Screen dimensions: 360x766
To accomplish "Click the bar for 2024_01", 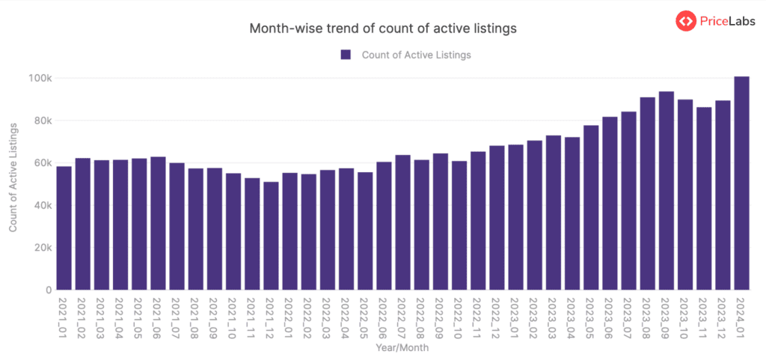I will tap(741, 183).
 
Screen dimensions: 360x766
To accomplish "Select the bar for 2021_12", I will tap(271, 236).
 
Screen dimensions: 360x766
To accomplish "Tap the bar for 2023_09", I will tap(666, 191).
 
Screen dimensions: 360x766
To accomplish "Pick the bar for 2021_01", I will tap(64, 228).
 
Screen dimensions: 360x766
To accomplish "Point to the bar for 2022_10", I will tap(459, 225).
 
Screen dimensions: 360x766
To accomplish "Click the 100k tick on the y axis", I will tap(40, 79).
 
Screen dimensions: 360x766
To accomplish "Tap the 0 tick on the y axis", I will tap(48, 290).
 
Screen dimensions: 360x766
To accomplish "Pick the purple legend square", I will tap(346, 55).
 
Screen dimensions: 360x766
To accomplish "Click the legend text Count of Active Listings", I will tap(416, 55).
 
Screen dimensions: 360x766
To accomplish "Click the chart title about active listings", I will tap(383, 29).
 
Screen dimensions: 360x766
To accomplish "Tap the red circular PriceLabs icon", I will tap(686, 21).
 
